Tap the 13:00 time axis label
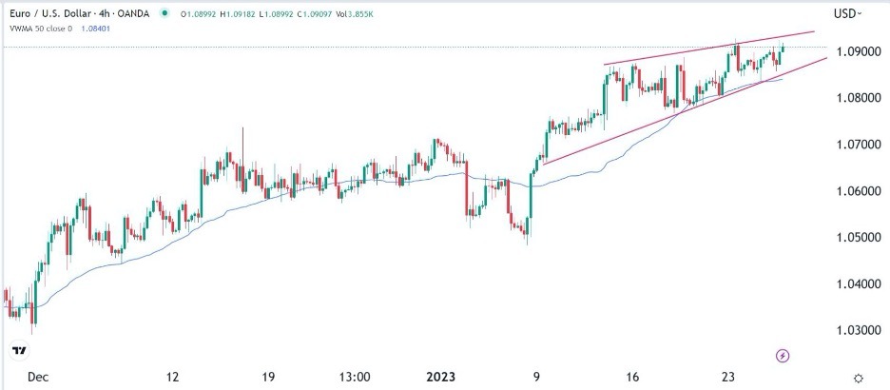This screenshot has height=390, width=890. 354,377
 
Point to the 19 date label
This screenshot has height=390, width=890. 267,377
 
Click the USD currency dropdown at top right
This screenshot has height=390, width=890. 847,13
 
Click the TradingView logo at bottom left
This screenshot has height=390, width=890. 18,351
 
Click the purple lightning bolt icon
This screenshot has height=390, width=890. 782,356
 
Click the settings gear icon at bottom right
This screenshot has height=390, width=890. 859,378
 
